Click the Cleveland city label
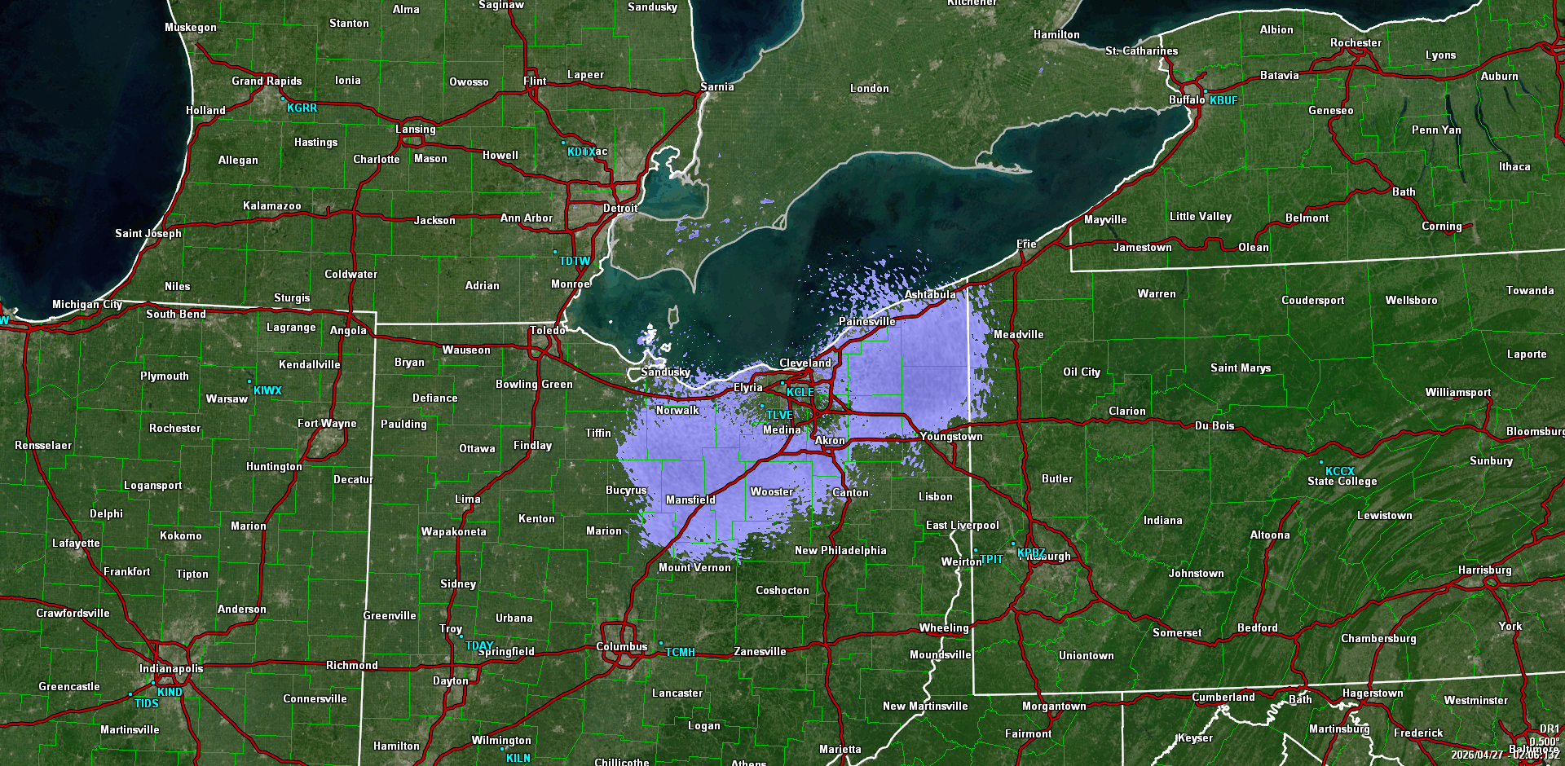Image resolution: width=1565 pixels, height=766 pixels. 805,363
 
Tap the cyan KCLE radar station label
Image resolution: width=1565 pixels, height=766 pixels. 800,392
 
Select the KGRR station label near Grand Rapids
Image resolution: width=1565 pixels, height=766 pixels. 302,108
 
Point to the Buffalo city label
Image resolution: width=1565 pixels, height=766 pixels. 1186,99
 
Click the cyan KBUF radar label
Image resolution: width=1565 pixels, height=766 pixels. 1223,100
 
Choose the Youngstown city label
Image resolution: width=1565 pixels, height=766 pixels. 950,436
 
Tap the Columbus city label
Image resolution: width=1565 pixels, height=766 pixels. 621,646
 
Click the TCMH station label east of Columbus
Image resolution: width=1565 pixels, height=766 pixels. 680,652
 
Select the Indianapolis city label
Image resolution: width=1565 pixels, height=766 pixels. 171,668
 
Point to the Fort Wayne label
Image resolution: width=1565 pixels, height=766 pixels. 327,423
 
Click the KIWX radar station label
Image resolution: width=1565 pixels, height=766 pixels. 267,390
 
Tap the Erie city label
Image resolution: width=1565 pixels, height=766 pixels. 1026,244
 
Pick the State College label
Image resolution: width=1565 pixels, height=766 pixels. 1342,481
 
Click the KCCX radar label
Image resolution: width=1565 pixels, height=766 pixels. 1339,471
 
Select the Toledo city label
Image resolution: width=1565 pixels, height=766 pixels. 547,330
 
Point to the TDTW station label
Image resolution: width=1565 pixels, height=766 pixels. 575,261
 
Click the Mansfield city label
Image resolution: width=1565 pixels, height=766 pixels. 690,500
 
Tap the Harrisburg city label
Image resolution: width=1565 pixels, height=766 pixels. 1484,570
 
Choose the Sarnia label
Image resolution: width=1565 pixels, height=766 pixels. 716,86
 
